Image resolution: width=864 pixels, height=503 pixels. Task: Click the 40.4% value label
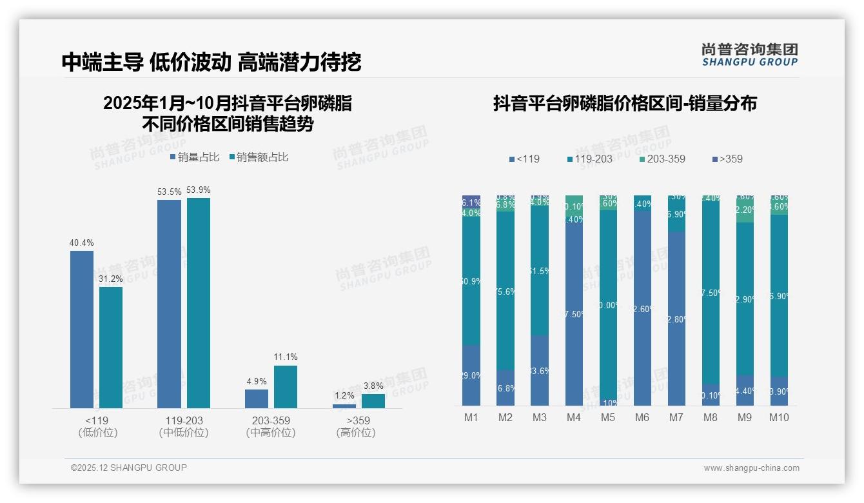(x=82, y=243)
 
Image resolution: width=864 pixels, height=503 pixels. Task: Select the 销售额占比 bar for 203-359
(x=285, y=387)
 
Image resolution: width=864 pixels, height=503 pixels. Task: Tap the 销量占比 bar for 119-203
(x=169, y=304)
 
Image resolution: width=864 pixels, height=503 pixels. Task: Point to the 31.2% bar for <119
(x=111, y=348)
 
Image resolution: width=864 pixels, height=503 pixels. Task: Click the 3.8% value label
(x=373, y=386)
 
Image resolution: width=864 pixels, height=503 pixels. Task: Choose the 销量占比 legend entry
(x=195, y=157)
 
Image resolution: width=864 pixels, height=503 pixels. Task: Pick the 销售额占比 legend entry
(x=259, y=157)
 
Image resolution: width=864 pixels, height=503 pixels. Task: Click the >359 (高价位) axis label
(x=356, y=427)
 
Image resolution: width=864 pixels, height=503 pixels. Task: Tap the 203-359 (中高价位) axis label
(x=271, y=427)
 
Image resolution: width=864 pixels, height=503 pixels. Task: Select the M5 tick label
(x=608, y=417)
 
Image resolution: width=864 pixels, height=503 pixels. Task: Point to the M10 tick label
(x=779, y=417)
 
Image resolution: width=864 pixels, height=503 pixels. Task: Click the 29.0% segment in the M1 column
(x=471, y=375)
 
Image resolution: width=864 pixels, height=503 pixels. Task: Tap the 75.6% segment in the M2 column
(x=506, y=291)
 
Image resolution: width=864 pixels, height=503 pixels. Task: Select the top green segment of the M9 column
(x=745, y=209)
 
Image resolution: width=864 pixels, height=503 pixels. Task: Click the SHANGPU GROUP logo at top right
(x=750, y=55)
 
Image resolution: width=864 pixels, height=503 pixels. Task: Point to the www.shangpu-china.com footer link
(x=751, y=468)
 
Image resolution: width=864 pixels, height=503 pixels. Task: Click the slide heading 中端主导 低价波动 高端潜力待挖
(x=211, y=62)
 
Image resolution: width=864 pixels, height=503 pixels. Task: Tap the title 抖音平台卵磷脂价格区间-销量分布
(x=625, y=103)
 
